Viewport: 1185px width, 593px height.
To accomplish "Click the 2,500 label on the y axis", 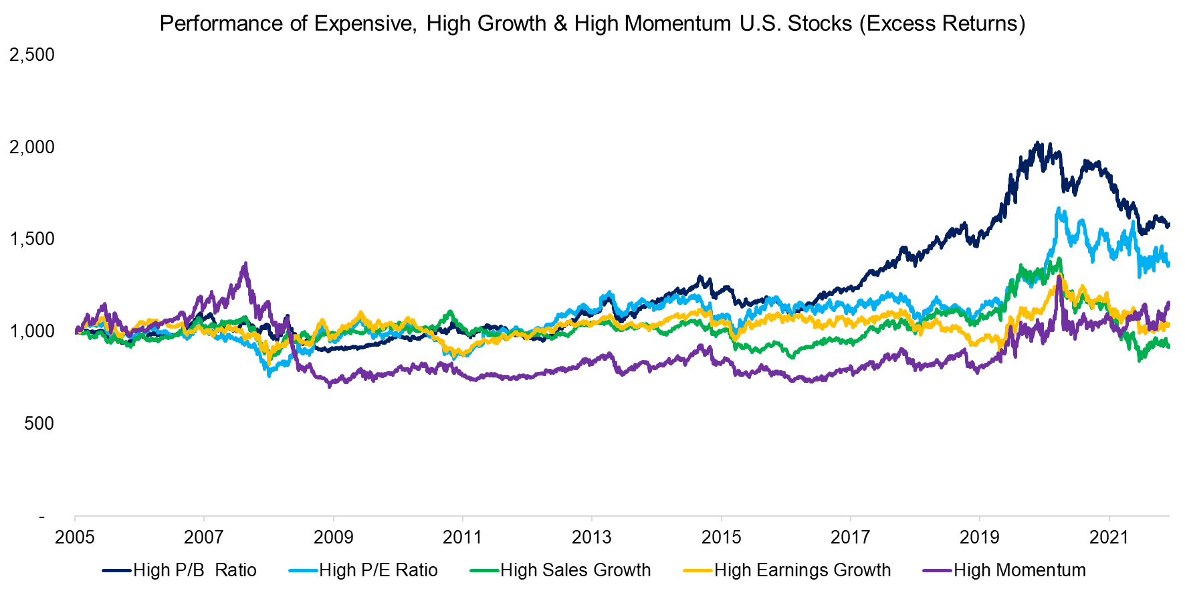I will pyautogui.click(x=31, y=55).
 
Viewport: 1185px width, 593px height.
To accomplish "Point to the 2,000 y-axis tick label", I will pyautogui.click(x=31, y=147).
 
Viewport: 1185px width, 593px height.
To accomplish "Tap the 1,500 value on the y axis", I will pyautogui.click(x=31, y=239).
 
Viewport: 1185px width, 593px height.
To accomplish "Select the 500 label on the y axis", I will pyautogui.click(x=38, y=424).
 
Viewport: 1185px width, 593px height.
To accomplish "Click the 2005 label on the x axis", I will pyautogui.click(x=75, y=537).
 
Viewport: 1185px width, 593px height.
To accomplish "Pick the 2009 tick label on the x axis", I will pyautogui.click(x=333, y=537).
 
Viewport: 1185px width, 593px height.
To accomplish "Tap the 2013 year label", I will pyautogui.click(x=592, y=537).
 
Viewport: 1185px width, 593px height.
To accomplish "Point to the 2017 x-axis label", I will pyautogui.click(x=850, y=537).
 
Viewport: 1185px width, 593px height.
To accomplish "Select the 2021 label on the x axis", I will pyautogui.click(x=1109, y=537).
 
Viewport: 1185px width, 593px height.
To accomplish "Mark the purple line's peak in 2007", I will pyautogui.click(x=245, y=264).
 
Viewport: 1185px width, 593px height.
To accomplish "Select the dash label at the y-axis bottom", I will pyautogui.click(x=41, y=516).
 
